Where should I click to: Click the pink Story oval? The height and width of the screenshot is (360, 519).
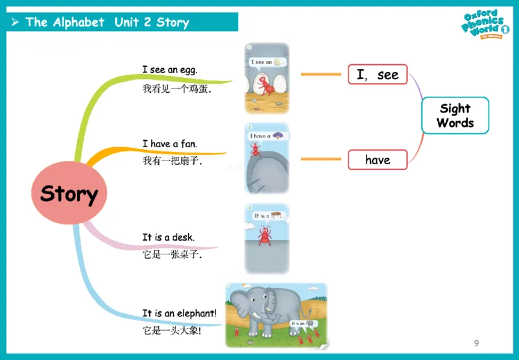pyautogui.click(x=69, y=193)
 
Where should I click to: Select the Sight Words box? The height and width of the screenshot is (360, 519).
pyautogui.click(x=455, y=115)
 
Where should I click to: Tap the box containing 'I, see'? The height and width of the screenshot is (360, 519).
pyautogui.click(x=378, y=75)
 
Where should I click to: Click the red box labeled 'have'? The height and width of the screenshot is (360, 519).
pyautogui.click(x=378, y=160)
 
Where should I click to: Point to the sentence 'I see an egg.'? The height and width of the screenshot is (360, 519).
pyautogui.click(x=170, y=69)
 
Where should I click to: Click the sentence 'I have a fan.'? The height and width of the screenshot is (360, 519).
pyautogui.click(x=170, y=143)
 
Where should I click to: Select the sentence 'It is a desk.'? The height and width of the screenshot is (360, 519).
pyautogui.click(x=169, y=237)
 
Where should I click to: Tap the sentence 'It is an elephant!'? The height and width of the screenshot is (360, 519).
pyautogui.click(x=180, y=313)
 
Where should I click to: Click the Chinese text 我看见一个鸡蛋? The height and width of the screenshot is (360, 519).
pyautogui.click(x=176, y=89)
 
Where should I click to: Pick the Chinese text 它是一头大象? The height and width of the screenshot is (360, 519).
pyautogui.click(x=172, y=331)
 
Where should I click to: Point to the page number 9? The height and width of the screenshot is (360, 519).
pyautogui.click(x=477, y=342)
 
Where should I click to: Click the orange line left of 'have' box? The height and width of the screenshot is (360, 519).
pyautogui.click(x=320, y=159)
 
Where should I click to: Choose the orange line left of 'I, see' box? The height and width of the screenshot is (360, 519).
pyautogui.click(x=320, y=75)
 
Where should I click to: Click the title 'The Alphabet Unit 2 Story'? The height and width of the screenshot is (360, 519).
pyautogui.click(x=107, y=22)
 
